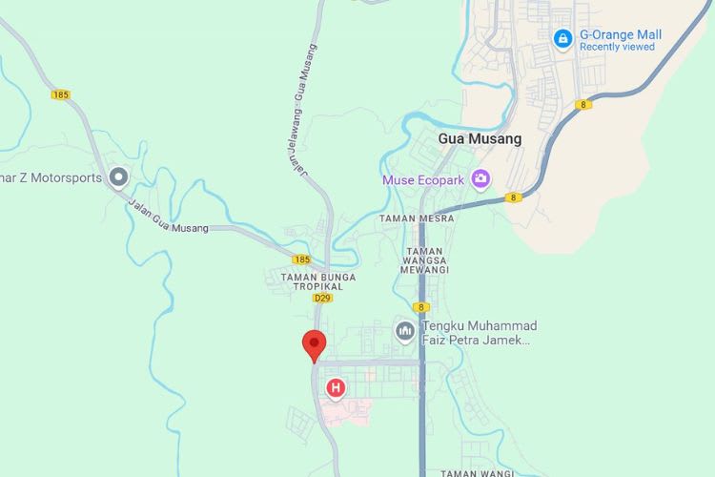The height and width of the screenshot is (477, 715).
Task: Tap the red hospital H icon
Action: click(336, 388)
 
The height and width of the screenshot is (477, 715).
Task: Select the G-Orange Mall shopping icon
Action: click(563, 38)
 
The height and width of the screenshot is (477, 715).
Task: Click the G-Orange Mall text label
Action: click(621, 34)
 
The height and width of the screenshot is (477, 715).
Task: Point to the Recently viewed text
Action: click(616, 47)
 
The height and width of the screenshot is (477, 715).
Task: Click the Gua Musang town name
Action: click(480, 138)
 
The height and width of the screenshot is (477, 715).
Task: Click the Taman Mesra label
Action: click(416, 218)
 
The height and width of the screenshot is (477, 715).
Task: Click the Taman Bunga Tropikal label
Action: click(318, 282)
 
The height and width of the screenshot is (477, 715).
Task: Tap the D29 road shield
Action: click(321, 299)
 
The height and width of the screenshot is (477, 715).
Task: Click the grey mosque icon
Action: click(404, 331)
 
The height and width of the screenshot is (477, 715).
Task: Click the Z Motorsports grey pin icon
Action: click(119, 177)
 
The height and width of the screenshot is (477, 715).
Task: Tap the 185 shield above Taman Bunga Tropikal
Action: click(301, 259)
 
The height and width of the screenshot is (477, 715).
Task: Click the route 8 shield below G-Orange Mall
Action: click(582, 104)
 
